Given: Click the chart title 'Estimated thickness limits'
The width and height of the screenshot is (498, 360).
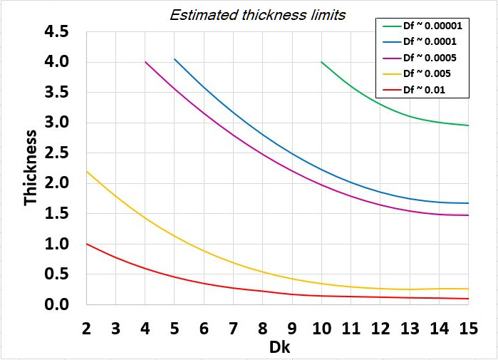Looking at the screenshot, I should pos(258,15).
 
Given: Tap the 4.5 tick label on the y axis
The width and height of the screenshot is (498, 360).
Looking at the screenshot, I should pos(55,33).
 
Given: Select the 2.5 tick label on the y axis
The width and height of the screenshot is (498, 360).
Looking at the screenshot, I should pos(55,153).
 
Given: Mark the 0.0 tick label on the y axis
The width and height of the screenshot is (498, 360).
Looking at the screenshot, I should pos(55,305).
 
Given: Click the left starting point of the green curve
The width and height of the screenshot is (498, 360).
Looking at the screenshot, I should pos(321,62).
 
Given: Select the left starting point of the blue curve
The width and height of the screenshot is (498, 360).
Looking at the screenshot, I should pos(175,59).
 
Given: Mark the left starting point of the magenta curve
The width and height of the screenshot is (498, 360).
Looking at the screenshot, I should pos(145,62).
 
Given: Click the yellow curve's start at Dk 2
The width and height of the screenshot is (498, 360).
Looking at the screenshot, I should pos(86,171).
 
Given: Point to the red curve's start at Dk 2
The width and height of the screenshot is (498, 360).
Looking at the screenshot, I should pos(86,244).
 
